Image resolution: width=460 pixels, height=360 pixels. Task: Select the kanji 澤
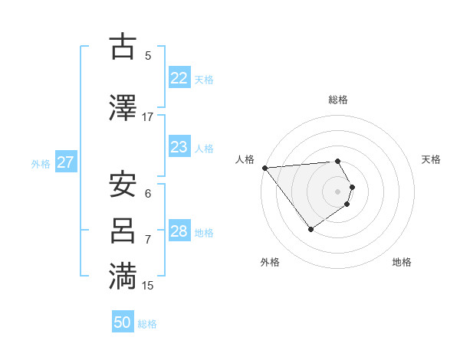tap(123, 108)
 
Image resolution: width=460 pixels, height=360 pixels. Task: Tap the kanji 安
tap(123, 185)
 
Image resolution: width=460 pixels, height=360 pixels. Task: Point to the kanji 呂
tap(123, 231)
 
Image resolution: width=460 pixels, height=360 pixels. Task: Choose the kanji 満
tap(123, 277)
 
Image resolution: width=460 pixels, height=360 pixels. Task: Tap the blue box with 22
tap(179, 78)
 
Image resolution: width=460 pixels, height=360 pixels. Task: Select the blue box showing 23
tap(179, 147)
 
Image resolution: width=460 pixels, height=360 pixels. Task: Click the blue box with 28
tap(179, 231)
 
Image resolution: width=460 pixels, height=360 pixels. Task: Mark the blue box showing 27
tap(66, 162)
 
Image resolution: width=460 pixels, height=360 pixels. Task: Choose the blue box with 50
tap(123, 322)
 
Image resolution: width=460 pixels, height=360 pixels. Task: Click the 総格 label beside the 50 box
tap(148, 324)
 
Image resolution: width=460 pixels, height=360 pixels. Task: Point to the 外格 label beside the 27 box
tap(41, 163)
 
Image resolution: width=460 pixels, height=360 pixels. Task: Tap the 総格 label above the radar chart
tap(338, 100)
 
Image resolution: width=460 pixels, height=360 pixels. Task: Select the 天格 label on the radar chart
tap(432, 159)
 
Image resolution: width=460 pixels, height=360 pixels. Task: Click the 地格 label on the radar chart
tap(402, 262)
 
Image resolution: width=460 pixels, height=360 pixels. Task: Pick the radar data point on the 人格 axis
tap(264, 168)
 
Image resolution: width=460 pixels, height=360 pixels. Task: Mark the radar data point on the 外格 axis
tap(310, 229)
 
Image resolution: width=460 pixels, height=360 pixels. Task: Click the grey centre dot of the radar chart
tap(338, 191)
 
